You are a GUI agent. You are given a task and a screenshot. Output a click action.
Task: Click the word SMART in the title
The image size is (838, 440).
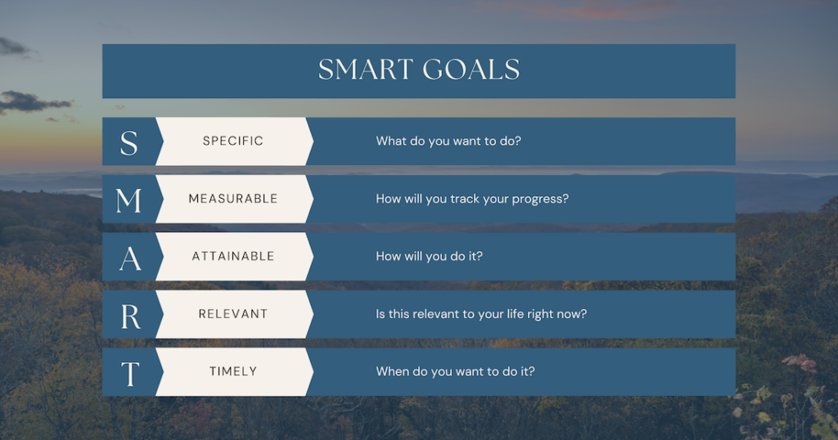[366, 70]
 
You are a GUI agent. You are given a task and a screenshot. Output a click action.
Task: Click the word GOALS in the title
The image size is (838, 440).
[471, 70]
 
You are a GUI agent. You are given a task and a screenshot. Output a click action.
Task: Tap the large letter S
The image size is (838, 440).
[128, 142]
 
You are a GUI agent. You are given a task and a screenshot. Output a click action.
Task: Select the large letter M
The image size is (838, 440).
[128, 200]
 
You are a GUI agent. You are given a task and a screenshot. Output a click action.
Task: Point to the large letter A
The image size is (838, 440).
[130, 258]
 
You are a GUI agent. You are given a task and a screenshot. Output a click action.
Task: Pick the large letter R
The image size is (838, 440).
[130, 317]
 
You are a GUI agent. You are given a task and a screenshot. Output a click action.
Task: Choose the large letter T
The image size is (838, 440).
[130, 374]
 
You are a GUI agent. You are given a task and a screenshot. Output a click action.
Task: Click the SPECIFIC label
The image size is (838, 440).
[233, 141]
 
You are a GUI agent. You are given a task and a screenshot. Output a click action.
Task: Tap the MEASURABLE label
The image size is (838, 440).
[233, 199]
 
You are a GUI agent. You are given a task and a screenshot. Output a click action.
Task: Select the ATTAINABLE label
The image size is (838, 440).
[233, 256]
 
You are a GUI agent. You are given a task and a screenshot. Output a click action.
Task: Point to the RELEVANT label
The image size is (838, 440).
[233, 314]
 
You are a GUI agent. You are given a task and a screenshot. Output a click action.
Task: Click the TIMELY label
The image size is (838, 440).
[233, 371]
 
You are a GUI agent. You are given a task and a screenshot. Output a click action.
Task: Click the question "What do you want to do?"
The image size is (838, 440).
[448, 141]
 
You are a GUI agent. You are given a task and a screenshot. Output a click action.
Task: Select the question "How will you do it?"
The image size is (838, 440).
[429, 256]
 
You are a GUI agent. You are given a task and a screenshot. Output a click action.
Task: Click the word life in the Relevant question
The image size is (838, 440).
[516, 313]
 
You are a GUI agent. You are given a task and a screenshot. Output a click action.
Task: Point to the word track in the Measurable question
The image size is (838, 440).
[465, 199]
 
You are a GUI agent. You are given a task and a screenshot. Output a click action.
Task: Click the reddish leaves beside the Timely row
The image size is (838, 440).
[800, 363]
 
